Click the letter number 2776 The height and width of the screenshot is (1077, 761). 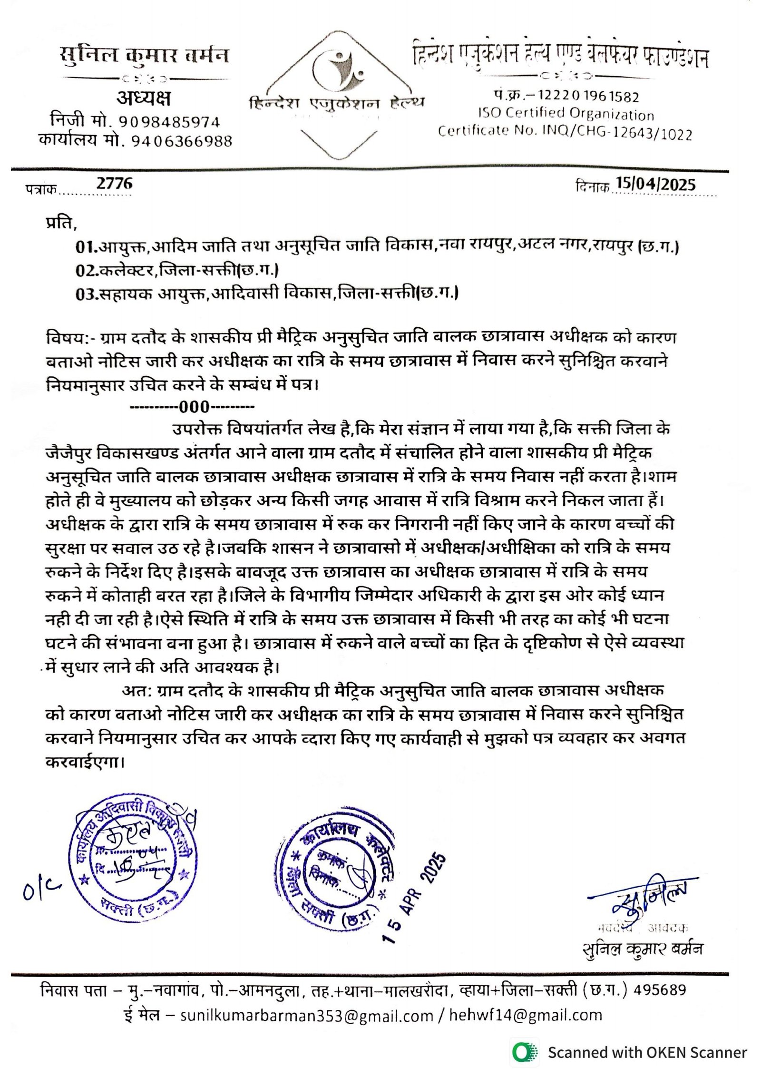click(114, 183)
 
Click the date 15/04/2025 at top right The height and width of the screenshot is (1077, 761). click(655, 184)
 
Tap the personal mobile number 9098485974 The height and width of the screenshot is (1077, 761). click(169, 122)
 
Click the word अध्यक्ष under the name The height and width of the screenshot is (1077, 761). click(143, 98)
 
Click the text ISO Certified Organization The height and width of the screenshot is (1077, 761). click(566, 114)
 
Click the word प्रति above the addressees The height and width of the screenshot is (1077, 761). click(60, 223)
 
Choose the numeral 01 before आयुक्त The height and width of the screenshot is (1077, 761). click(86, 247)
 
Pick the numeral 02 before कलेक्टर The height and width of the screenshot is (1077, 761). click(87, 270)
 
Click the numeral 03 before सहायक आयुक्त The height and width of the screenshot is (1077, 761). click(87, 294)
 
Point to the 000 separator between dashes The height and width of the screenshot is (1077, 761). click(194, 407)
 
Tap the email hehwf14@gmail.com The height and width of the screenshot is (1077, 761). click(525, 1015)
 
